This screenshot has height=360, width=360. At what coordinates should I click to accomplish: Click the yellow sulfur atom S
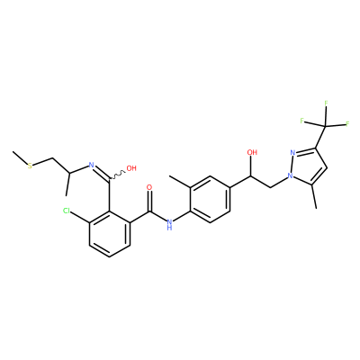(x=30, y=166)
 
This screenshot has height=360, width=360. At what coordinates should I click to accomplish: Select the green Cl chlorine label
(x=67, y=211)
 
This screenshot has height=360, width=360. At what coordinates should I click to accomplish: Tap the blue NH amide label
(x=170, y=224)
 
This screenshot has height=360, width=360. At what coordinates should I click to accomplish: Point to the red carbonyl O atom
(x=149, y=188)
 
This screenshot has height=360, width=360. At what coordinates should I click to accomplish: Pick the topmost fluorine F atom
(x=326, y=103)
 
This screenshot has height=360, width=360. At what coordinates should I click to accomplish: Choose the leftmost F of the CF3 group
(x=302, y=121)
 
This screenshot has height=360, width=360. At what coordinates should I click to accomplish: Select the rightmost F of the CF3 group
(x=347, y=124)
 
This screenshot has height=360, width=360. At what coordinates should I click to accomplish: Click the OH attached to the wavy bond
(x=131, y=168)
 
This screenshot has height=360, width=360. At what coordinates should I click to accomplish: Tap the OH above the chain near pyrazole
(x=252, y=152)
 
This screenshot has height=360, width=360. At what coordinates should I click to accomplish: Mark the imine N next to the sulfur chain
(x=92, y=165)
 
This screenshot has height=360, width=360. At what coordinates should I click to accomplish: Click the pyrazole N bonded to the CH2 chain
(x=290, y=175)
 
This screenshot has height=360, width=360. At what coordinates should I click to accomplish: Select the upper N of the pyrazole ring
(x=293, y=153)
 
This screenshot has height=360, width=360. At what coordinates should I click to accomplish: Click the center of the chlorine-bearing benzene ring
(x=110, y=234)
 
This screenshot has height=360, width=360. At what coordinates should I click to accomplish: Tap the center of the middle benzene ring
(x=210, y=200)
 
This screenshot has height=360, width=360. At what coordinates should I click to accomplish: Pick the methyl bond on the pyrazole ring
(x=313, y=196)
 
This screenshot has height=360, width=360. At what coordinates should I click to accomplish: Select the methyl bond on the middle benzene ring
(x=180, y=182)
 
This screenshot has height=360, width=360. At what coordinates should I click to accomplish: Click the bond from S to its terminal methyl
(x=20, y=157)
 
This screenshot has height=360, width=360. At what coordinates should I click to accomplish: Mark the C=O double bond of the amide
(x=149, y=202)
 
